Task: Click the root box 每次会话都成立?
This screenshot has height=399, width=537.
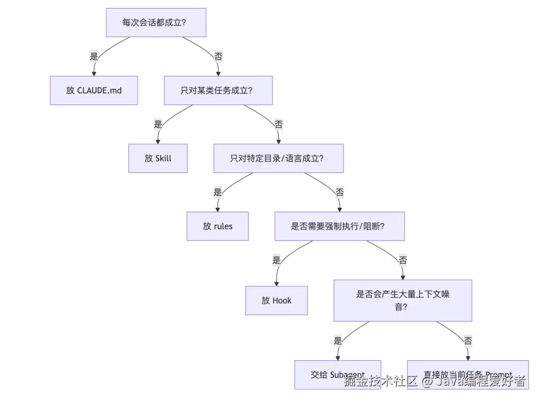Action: [156, 22]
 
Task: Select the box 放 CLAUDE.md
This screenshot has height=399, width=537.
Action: [93, 90]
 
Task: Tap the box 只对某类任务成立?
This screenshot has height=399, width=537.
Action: [218, 90]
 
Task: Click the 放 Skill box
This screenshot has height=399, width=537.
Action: [158, 158]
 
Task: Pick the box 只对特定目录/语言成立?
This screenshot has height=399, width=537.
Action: [278, 158]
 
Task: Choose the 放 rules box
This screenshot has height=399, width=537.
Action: [217, 226]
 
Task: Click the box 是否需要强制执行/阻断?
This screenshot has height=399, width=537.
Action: [339, 226]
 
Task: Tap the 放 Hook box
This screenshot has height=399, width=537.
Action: [276, 300]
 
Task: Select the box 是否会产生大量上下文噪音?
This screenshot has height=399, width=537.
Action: [402, 300]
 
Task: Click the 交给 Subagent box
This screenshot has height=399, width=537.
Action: [337, 374]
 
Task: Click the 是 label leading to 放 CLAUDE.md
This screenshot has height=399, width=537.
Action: [94, 56]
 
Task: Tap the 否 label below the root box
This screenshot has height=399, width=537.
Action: [218, 56]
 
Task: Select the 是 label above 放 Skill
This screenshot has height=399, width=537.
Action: [158, 124]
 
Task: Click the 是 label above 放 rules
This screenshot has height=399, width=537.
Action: [217, 192]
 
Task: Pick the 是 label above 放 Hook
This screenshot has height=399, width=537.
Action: [276, 260]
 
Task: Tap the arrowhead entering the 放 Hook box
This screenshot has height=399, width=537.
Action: [276, 283]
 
